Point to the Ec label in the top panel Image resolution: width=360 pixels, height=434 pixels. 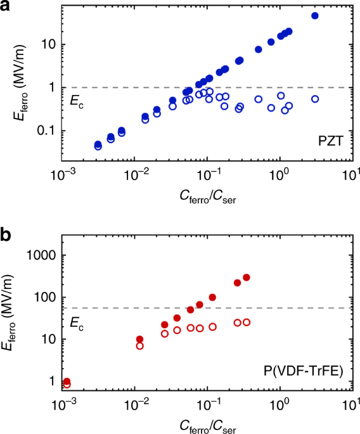(76, 99)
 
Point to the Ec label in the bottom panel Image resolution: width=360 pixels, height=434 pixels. (76, 321)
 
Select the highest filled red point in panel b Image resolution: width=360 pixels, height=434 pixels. (247, 278)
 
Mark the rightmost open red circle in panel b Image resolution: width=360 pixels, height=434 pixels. (247, 322)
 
